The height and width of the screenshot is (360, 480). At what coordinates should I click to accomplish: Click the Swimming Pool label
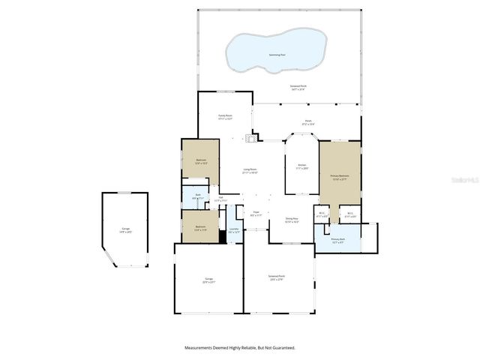point(278,55)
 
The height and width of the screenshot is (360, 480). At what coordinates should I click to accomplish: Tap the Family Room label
point(225,117)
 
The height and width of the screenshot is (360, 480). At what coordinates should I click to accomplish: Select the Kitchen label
point(301,166)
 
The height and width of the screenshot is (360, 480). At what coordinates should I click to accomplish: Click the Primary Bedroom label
point(340,178)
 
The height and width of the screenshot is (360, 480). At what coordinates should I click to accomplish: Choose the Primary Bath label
point(337,241)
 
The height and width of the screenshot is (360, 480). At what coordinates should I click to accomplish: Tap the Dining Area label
point(292,220)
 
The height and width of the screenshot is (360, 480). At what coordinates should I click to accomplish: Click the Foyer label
point(256,214)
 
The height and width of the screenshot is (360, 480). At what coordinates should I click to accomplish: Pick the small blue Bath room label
point(198,196)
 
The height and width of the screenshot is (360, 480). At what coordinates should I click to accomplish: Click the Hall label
point(220,199)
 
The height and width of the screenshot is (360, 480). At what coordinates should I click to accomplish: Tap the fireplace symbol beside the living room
point(253,137)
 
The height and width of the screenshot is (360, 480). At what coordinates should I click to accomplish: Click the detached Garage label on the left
point(126,230)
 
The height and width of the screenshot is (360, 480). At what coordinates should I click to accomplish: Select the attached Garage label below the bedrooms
point(208,281)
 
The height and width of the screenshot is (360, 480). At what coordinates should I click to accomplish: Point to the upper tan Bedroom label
point(201,161)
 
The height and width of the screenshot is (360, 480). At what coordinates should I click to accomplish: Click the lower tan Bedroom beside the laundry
point(200,228)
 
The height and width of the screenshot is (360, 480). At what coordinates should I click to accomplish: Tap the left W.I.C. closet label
point(322,215)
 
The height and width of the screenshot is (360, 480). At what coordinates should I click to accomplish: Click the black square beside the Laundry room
point(222,236)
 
